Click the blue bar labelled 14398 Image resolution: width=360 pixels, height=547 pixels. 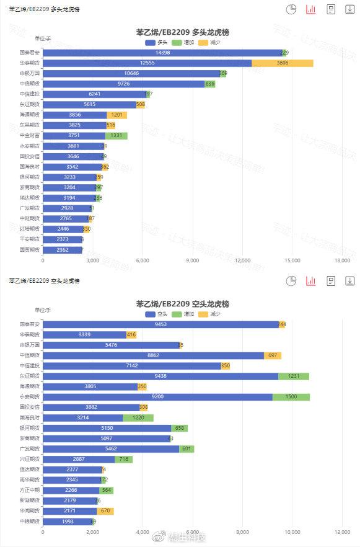pyautogui.click(x=162, y=53)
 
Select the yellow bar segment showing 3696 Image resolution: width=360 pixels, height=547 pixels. pyautogui.click(x=282, y=63)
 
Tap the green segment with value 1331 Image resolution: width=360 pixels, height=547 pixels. pyautogui.click(x=116, y=135)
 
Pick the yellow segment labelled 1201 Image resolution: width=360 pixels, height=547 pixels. pyautogui.click(x=116, y=115)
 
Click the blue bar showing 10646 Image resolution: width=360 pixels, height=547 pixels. pyautogui.click(x=130, y=73)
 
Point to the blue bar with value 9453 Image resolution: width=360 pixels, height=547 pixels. pyautogui.click(x=160, y=324)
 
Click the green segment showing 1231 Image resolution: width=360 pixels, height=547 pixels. pyautogui.click(x=293, y=376)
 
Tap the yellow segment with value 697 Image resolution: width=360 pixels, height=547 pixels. pyautogui.click(x=273, y=355)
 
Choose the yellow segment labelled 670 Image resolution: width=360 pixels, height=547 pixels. pyautogui.click(x=105, y=510)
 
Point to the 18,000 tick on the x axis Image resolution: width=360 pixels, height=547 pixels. pyautogui.click(x=343, y=260)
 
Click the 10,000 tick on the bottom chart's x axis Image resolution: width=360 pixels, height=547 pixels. pyautogui.click(x=292, y=532)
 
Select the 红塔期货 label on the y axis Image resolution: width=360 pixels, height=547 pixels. pyautogui.click(x=29, y=229)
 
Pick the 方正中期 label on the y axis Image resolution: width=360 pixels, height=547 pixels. pyautogui.click(x=29, y=490)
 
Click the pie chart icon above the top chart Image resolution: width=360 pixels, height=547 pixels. pyautogui.click(x=291, y=9)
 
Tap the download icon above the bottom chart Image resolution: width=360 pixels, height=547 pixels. pyautogui.click(x=349, y=281)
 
